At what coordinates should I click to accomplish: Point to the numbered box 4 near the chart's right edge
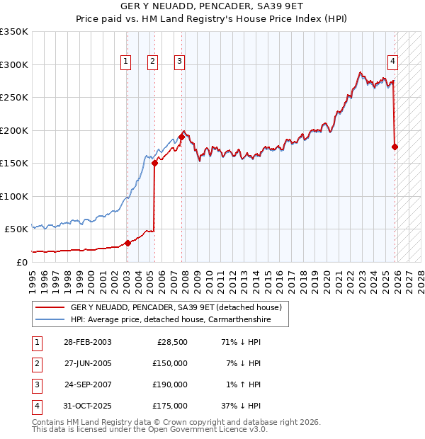(x=392, y=62)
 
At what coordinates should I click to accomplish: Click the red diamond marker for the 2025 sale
(x=395, y=147)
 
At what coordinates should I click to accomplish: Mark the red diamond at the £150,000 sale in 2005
(x=154, y=164)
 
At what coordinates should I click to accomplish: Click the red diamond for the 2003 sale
(x=127, y=243)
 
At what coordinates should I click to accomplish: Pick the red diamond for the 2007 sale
(x=181, y=137)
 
